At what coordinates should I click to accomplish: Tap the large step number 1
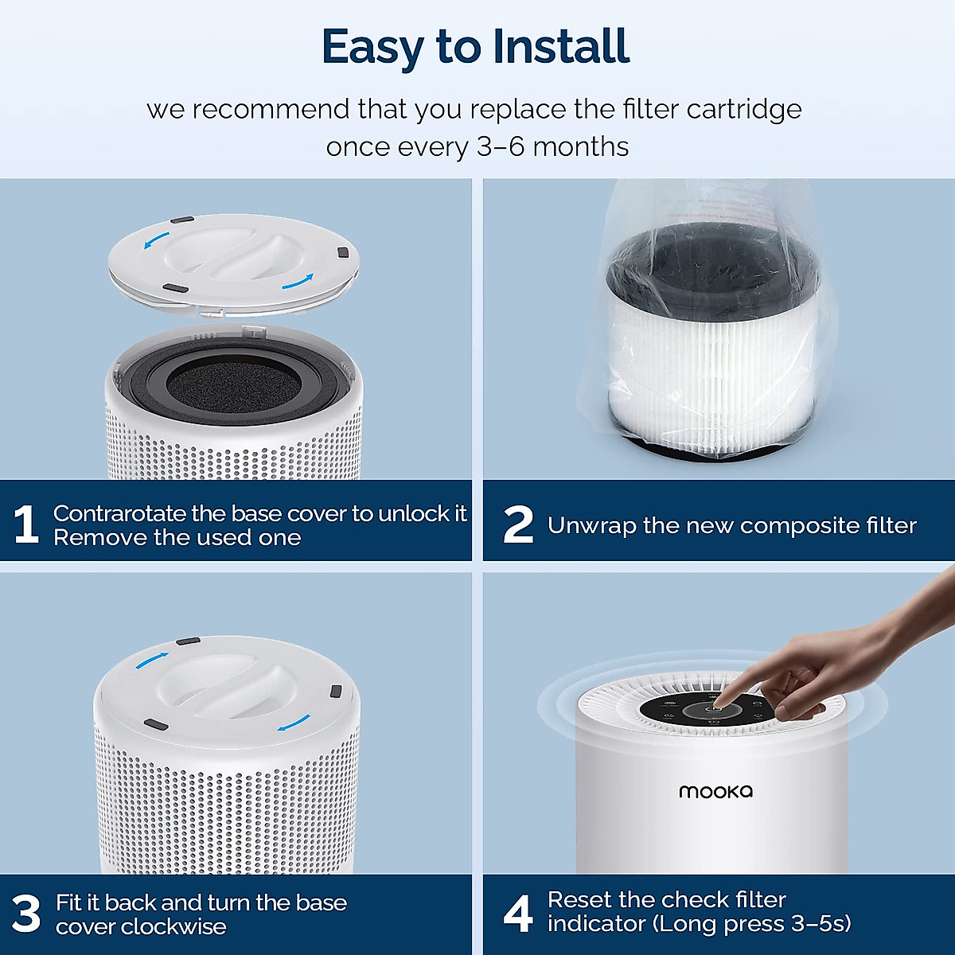point(25,525)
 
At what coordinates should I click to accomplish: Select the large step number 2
point(518,525)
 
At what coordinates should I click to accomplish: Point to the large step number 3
point(26,914)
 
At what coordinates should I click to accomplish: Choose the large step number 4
point(518,913)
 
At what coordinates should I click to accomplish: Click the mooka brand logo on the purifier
point(715,791)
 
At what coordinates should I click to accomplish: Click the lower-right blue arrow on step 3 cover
point(294,723)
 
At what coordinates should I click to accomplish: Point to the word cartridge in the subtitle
point(743,109)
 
